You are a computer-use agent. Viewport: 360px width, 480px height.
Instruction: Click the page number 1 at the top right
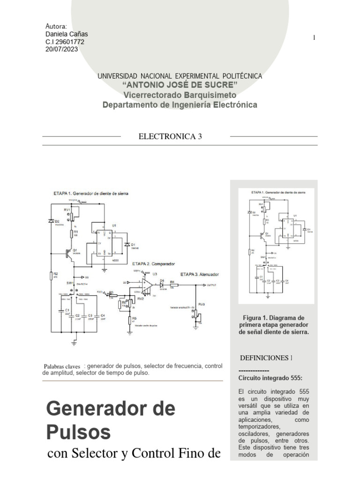click(x=314, y=38)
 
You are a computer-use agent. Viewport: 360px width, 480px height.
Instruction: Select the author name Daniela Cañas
click(x=66, y=34)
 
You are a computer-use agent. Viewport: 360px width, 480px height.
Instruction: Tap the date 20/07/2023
click(x=61, y=49)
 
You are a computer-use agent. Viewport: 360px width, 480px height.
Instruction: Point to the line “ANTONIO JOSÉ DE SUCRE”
click(x=180, y=84)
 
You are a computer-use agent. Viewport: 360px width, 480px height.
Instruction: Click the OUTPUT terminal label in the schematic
click(x=211, y=285)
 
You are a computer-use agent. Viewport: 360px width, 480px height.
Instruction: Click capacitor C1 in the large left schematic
click(x=61, y=311)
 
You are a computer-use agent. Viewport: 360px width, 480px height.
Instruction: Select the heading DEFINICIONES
click(x=266, y=358)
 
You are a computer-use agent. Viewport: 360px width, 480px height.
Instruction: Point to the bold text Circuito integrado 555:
click(x=270, y=377)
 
